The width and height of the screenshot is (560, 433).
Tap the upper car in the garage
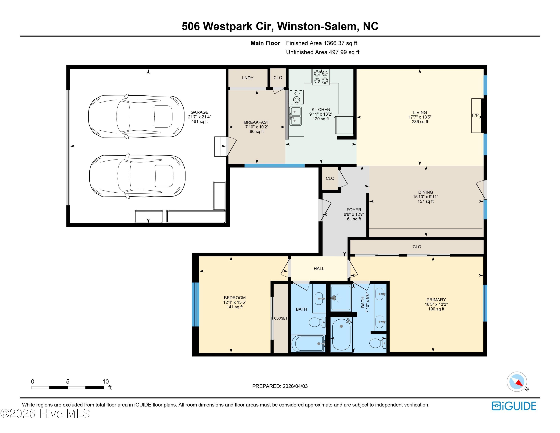pos(136,117)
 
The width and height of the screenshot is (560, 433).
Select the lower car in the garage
pos(137,176)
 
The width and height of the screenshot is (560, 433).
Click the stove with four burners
pos(321,77)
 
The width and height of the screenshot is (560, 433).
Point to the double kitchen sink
pos(295,116)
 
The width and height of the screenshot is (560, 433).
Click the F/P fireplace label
pos(475,115)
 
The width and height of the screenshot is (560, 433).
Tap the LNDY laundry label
pos(248,78)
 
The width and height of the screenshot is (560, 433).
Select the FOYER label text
pos(354,210)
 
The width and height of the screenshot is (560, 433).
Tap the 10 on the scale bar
pos(106,381)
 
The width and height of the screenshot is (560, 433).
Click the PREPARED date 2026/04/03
pos(295,386)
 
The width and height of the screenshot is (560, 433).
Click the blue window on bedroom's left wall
pos(195,304)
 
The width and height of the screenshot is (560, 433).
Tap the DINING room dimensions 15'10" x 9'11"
pos(425,197)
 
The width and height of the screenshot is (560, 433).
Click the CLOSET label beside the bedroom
pos(281,318)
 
